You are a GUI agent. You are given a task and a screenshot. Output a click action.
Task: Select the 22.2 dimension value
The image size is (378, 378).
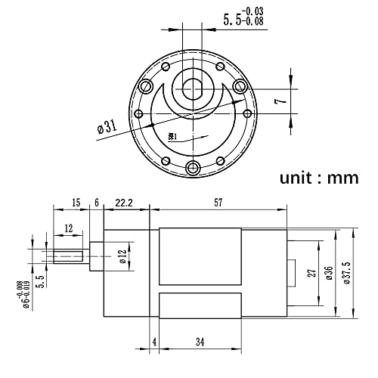click(125, 203)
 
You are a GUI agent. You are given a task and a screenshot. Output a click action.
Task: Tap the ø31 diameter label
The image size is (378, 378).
click(106, 127)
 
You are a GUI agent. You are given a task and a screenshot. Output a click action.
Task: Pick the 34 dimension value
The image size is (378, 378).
click(200, 342)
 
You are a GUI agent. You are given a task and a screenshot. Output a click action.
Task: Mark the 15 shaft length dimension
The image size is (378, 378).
click(76, 203)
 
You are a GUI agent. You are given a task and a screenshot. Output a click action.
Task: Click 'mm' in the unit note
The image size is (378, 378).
click(342, 178)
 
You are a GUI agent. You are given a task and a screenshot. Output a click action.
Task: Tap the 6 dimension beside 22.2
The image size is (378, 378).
click(96, 203)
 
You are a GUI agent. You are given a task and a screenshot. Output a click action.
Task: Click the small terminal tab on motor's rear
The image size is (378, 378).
click(291, 270)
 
